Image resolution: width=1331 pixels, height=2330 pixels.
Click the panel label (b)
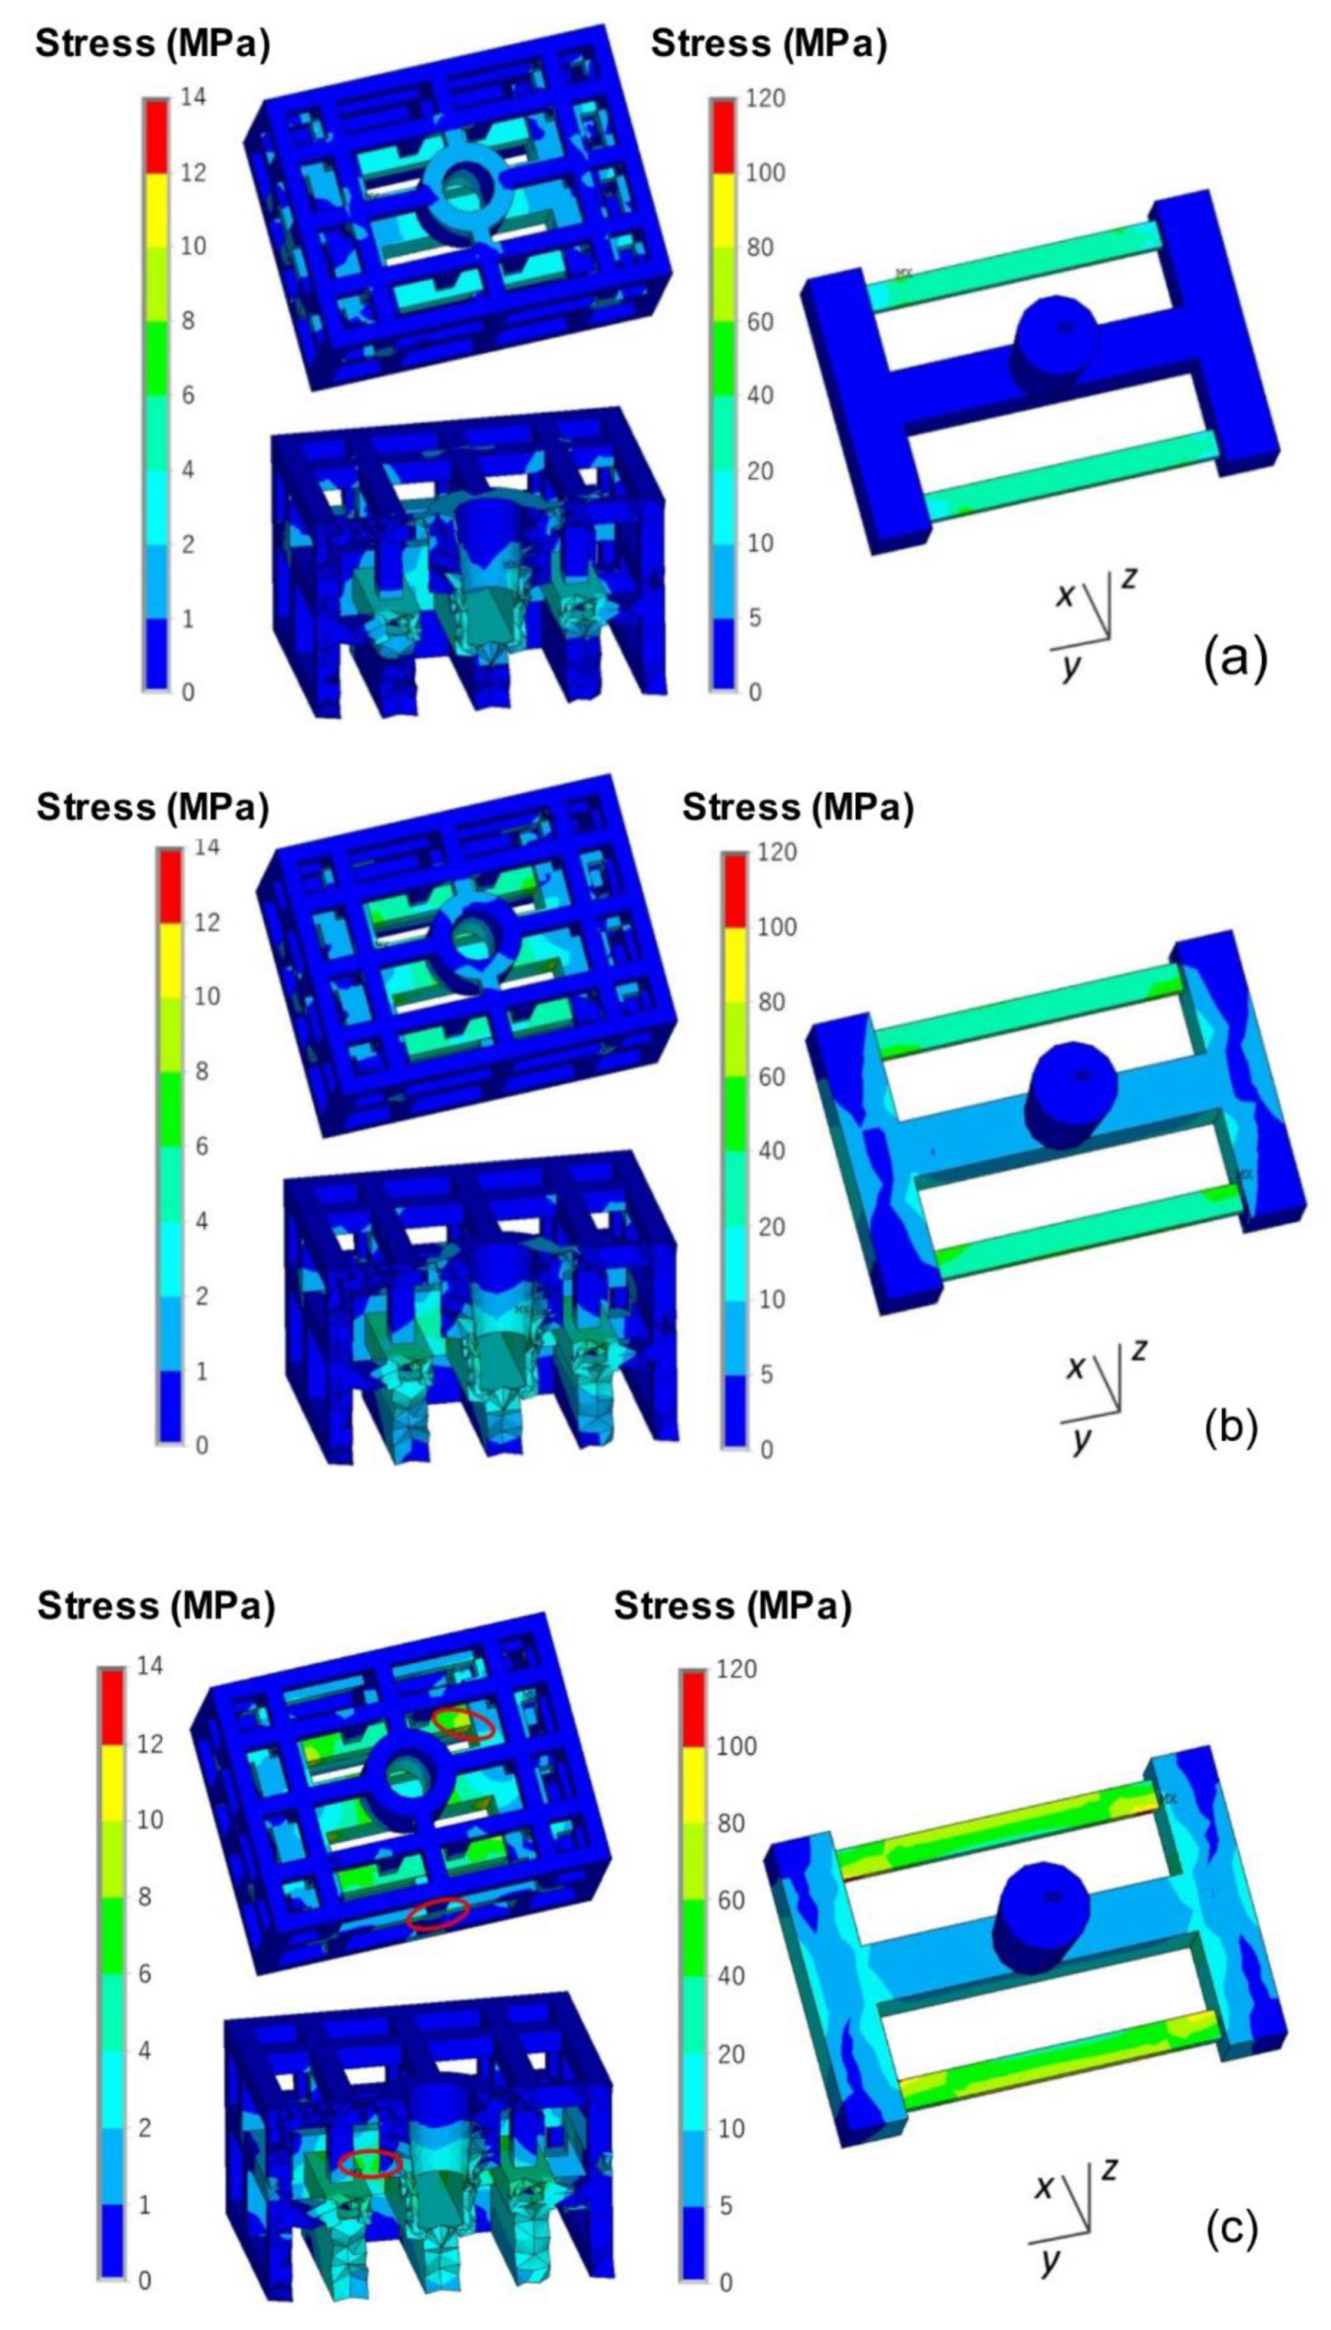[x=1230, y=1427]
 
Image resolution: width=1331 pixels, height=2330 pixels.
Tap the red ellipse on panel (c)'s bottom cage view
[x=370, y=2163]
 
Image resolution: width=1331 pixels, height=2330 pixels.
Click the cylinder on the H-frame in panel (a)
[x=1056, y=339]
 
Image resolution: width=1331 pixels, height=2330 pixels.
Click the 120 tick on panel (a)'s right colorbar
[x=766, y=97]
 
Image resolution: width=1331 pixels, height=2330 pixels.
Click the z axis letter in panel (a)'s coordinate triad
[x=1130, y=578]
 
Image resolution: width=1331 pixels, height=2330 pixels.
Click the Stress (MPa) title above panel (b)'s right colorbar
[x=797, y=807]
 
